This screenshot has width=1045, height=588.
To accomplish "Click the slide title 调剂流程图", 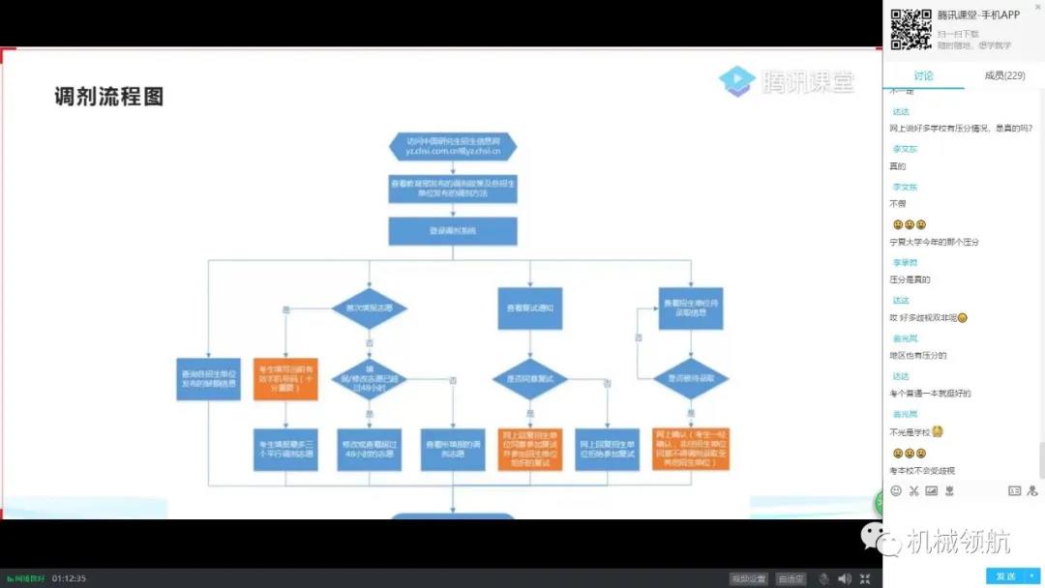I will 109,97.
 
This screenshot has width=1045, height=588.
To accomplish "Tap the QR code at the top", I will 910,28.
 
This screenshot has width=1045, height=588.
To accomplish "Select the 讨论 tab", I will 923,75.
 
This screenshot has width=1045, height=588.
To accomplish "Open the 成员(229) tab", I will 1004,75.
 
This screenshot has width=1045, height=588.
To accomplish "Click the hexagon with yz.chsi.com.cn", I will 453,146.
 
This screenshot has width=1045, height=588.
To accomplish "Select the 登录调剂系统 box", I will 453,231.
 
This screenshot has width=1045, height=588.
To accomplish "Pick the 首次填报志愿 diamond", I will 369,307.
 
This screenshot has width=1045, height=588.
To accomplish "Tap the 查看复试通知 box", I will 530,307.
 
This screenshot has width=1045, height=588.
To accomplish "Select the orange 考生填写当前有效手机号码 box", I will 285,378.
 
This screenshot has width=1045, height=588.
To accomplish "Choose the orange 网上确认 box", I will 691,450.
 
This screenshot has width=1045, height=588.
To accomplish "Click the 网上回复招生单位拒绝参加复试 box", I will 608,450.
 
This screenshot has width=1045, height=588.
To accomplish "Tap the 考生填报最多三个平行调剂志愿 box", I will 285,450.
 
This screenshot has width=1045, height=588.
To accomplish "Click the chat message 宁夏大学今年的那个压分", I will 934,242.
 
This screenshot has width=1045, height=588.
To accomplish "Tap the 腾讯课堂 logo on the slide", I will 787,81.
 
